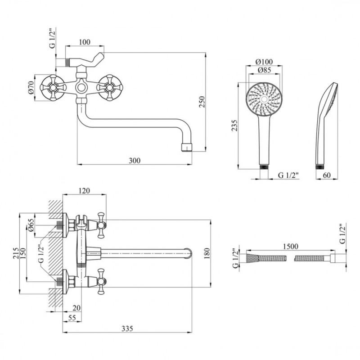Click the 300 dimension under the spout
pyautogui.click(x=135, y=160)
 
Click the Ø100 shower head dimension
pyautogui.click(x=263, y=61)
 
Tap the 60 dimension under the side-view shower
pyautogui.click(x=327, y=175)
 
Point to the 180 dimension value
pyautogui.click(x=207, y=253)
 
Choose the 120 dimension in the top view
pyautogui.click(x=84, y=191)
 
